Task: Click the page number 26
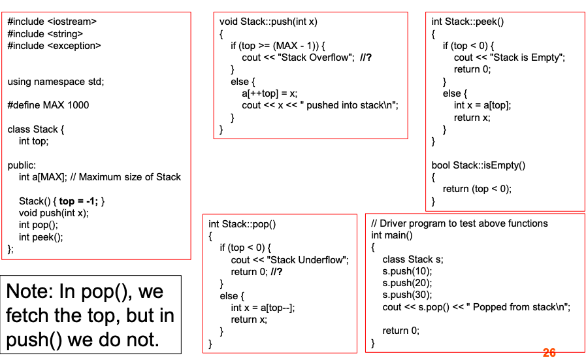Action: tap(549, 353)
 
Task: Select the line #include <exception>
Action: tap(54, 46)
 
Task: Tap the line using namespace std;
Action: tap(56, 82)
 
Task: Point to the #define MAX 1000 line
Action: tap(48, 105)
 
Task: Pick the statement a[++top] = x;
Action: tap(269, 93)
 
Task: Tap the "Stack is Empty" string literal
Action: tap(526, 57)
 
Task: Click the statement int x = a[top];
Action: tap(482, 105)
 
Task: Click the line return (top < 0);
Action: tap(477, 189)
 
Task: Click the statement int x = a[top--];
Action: tap(263, 308)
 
